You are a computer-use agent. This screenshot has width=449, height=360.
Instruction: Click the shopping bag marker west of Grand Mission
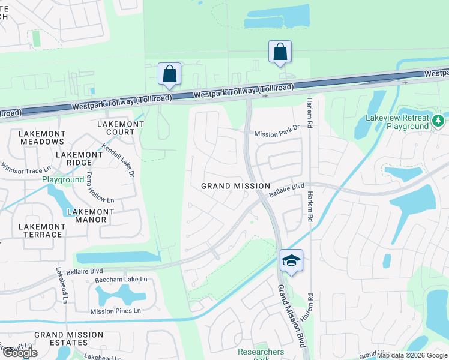click(170, 74)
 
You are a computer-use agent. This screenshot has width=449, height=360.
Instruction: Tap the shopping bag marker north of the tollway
click(280, 52)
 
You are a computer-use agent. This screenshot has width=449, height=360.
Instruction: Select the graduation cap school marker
click(291, 260)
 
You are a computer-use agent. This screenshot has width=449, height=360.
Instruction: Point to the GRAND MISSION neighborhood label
click(235, 186)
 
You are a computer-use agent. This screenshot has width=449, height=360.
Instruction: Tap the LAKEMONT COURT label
click(121, 128)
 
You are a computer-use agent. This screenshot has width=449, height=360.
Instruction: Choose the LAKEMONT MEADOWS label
click(41, 137)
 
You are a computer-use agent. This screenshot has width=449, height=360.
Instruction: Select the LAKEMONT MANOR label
click(91, 216)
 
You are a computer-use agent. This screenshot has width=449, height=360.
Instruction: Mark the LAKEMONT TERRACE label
click(40, 230)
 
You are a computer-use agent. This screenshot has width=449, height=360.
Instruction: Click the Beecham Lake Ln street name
click(119, 280)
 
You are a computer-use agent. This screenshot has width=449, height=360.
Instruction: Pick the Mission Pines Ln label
click(115, 311)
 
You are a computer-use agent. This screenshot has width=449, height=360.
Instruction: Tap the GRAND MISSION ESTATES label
click(69, 339)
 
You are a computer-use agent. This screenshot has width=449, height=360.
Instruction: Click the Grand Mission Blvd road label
click(292, 316)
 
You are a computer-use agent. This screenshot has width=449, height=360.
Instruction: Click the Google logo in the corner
click(20, 353)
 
